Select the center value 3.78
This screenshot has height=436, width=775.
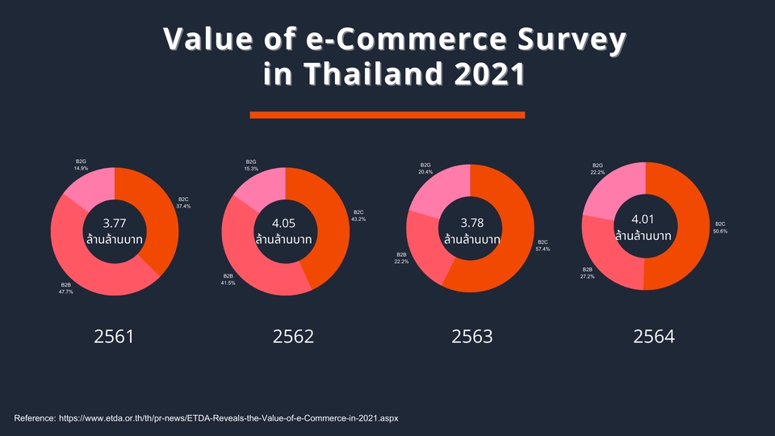pyautogui.click(x=471, y=222)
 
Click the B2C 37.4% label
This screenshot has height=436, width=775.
pyautogui.click(x=183, y=202)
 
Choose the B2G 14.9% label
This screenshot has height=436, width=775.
pyautogui.click(x=81, y=165)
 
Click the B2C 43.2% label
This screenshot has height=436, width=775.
pyautogui.click(x=358, y=216)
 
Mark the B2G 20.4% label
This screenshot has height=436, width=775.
pyautogui.click(x=425, y=168)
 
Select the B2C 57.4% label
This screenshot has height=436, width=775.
pyautogui.click(x=542, y=245)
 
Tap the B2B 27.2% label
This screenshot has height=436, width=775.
pyautogui.click(x=588, y=273)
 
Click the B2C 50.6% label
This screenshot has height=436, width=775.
pyautogui.click(x=720, y=228)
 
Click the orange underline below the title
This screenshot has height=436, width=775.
pyautogui.click(x=387, y=115)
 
